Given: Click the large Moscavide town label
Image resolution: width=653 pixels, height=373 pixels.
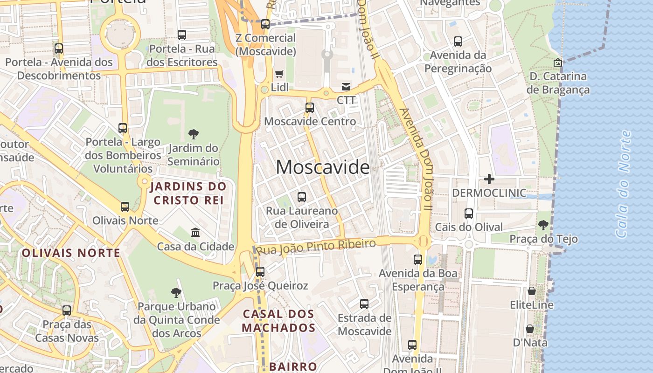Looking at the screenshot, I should pos(322,167).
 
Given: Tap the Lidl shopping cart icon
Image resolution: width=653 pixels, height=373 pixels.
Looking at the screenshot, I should pos(279,74).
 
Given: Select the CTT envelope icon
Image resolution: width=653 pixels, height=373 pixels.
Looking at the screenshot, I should pos(346,87).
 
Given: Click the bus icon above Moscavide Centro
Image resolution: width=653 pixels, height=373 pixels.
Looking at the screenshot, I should pos(309,108).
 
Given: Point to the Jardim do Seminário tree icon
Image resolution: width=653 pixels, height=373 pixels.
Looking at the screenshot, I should pos(193,135).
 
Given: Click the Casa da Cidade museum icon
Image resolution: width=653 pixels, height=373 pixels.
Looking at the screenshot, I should pos(195,232).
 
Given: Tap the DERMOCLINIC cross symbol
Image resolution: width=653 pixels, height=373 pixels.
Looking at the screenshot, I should pos(489,179).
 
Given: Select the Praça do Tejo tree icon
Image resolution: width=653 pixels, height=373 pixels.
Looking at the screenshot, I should pos(543,226).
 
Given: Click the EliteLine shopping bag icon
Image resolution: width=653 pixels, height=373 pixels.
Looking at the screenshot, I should pos(531,291).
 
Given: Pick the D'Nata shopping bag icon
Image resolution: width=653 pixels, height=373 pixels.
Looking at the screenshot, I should pos(530,329).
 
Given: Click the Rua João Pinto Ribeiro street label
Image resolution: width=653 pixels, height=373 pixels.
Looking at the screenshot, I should pos(316,247).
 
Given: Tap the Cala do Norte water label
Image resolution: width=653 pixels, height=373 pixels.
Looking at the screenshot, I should pos(623,184).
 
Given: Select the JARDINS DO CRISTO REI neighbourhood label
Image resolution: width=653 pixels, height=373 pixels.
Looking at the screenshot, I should pos(188,193).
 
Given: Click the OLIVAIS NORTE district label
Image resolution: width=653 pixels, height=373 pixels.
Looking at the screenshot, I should pos(71,253).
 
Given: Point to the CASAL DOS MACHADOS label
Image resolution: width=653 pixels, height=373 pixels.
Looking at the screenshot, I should pos(279,321).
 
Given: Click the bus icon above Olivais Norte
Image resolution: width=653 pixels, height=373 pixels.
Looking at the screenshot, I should pos(125,207).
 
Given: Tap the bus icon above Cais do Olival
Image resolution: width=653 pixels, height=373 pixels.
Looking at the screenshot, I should pos(469,214).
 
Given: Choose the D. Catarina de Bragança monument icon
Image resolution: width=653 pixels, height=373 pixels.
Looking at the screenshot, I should pos(557,62).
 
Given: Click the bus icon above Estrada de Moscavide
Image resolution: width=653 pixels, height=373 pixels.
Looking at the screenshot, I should pos(364,304).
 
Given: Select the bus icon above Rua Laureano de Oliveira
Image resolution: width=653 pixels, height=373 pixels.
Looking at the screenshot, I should pos(302,197).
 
